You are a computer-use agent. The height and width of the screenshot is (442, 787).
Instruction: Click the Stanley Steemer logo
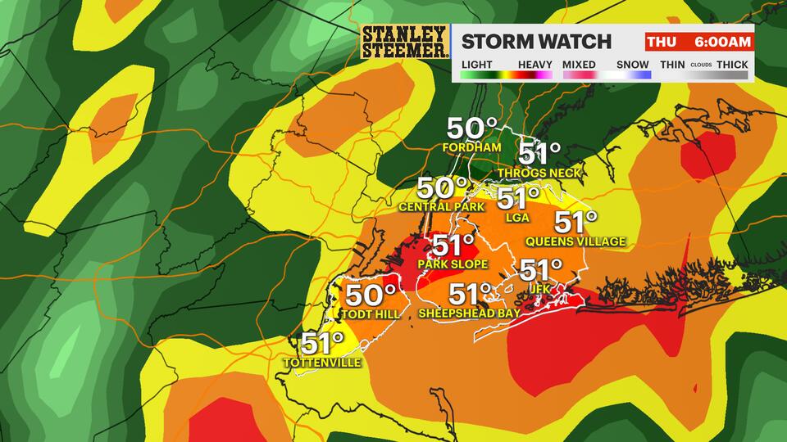click(405, 42)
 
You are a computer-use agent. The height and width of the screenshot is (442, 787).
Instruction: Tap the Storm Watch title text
click(537, 42)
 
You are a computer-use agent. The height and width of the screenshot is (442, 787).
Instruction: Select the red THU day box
click(662, 42)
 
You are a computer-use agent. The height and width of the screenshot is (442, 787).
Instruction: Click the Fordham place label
click(471, 148)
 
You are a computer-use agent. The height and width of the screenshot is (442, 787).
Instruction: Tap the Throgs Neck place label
click(539, 173)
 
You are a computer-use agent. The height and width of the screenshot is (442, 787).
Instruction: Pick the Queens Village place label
click(575, 241)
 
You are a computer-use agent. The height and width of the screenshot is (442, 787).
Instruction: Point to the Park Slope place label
click(453, 264)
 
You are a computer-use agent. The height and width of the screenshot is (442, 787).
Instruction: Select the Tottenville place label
click(321, 363)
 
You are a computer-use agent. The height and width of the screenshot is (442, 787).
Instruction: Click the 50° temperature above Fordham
click(471, 129)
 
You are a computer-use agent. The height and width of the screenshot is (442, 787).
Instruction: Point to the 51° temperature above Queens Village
click(576, 222)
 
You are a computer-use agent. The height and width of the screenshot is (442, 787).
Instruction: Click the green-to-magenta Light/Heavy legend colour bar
click(506, 75)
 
